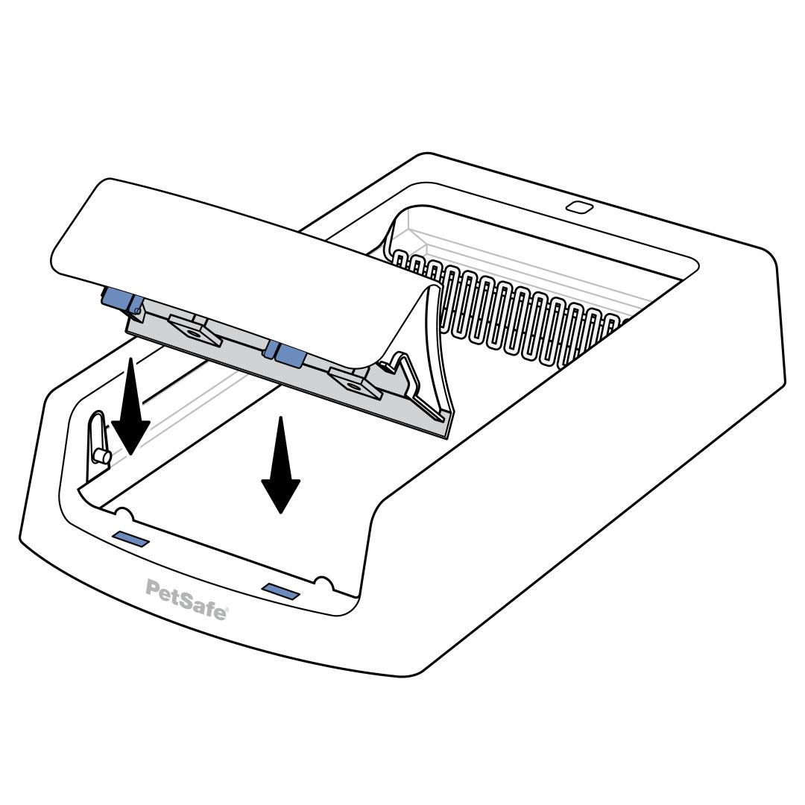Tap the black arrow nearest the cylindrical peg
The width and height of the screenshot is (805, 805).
pyautogui.click(x=130, y=406)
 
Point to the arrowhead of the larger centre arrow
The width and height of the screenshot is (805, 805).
pyautogui.click(x=280, y=495)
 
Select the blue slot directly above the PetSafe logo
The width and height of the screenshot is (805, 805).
pyautogui.click(x=131, y=539)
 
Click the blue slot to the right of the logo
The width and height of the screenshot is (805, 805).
pyautogui.click(x=281, y=591)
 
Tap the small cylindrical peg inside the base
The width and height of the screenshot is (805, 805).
pyautogui.click(x=103, y=455)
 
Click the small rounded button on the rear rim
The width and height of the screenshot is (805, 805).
pyautogui.click(x=579, y=207)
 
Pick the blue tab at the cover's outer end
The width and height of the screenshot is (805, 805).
pyautogui.click(x=116, y=299)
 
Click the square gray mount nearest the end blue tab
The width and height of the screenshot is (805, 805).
pyautogui.click(x=195, y=331)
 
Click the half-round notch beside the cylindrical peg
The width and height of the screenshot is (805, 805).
pyautogui.click(x=123, y=513)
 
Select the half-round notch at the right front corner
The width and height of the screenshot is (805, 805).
pyautogui.click(x=323, y=582)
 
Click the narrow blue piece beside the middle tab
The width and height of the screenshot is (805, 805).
pyautogui.click(x=270, y=350)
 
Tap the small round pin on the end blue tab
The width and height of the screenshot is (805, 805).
pyautogui.click(x=136, y=309)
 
